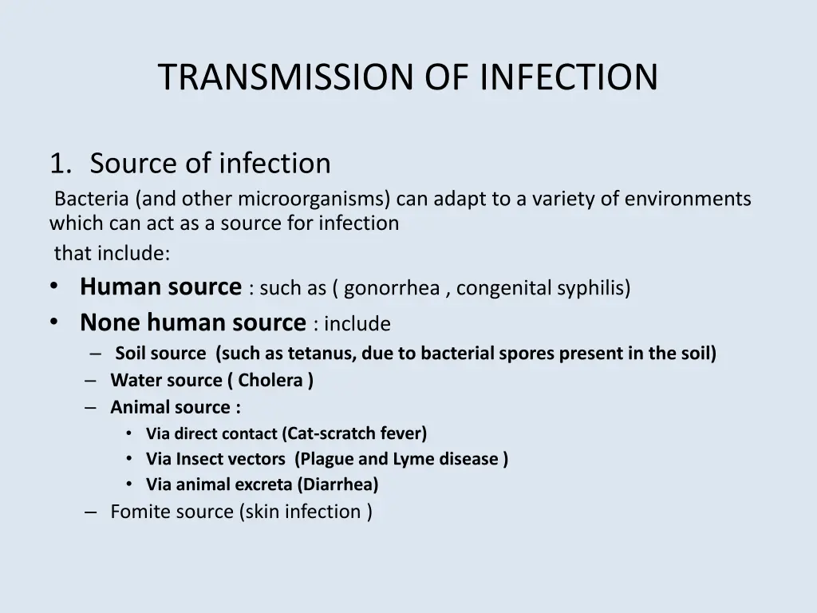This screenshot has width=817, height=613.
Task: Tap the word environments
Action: tap(688, 198)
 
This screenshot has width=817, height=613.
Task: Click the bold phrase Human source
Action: tap(160, 287)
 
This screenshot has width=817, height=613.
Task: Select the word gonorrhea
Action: tap(393, 288)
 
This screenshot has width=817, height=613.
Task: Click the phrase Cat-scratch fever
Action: tap(357, 433)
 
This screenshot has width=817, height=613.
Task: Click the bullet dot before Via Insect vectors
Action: tap(130, 459)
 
